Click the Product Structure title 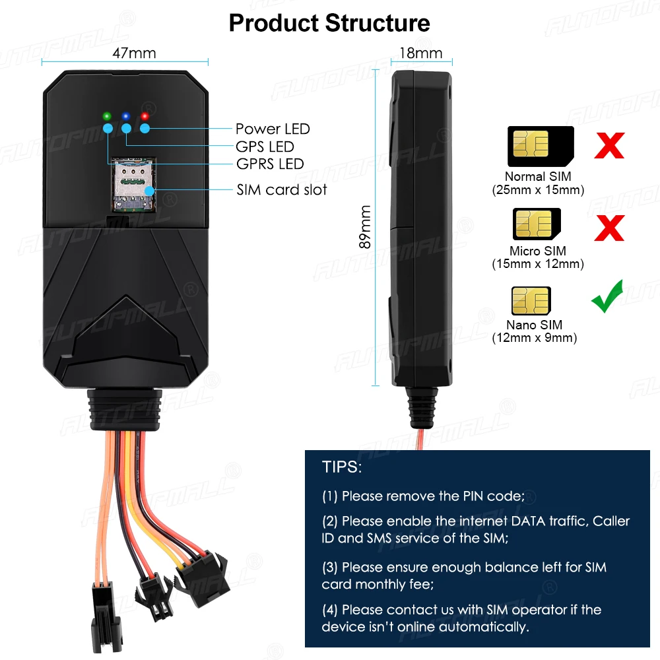pos(329,23)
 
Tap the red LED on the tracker pos(144,117)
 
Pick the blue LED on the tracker pos(125,117)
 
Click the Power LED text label pos(273,129)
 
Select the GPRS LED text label pos(270,164)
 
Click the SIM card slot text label pos(282,190)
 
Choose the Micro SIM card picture pos(537,224)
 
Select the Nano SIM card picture pos(531,301)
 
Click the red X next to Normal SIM pos(609,145)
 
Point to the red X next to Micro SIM pos(609,226)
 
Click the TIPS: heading pos(342,467)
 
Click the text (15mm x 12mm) pos(538,264)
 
